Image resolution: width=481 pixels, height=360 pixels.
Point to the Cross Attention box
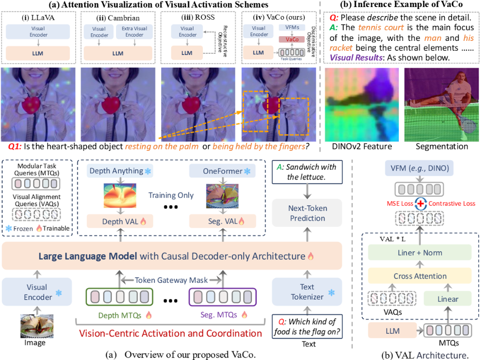420,275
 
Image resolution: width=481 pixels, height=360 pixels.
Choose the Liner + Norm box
420,253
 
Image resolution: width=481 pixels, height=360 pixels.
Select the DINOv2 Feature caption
362,147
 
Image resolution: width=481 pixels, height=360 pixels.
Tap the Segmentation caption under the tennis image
441,147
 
